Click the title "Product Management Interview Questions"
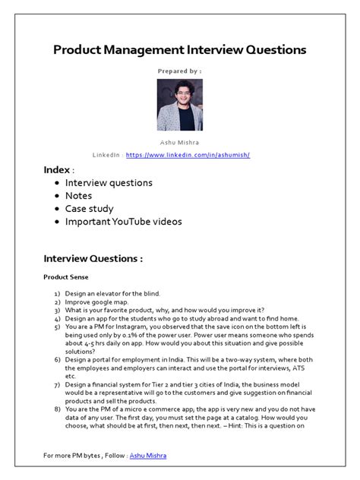(x=180, y=49)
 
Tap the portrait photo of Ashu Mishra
(x=179, y=105)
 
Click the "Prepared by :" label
(x=180, y=71)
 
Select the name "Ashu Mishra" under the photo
(x=180, y=143)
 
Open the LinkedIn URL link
(x=188, y=155)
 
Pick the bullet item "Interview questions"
(x=109, y=183)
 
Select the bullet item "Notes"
(x=80, y=196)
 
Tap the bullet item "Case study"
(x=90, y=209)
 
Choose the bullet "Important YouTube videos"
(x=124, y=222)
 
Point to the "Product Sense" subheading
(x=65, y=277)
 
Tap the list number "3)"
(x=57, y=310)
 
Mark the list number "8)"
(x=57, y=409)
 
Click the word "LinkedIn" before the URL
(x=106, y=155)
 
